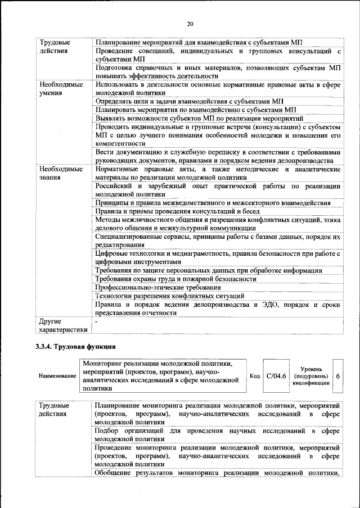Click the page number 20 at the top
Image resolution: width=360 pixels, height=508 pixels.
tap(190, 24)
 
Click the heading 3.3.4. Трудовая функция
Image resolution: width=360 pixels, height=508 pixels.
tap(75, 346)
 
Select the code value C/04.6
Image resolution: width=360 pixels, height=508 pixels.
tap(276, 376)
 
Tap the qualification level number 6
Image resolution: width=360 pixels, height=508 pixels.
tap(337, 376)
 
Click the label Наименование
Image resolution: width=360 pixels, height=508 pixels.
tap(57, 376)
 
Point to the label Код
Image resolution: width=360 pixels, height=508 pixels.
tap(254, 376)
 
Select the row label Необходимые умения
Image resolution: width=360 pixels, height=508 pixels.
tap(61, 89)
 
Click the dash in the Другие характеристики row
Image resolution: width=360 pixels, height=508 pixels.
tap(97, 321)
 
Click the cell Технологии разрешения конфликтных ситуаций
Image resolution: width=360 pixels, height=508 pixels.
tap(169, 296)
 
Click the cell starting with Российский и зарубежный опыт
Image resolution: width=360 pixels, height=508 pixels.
tap(218, 190)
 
